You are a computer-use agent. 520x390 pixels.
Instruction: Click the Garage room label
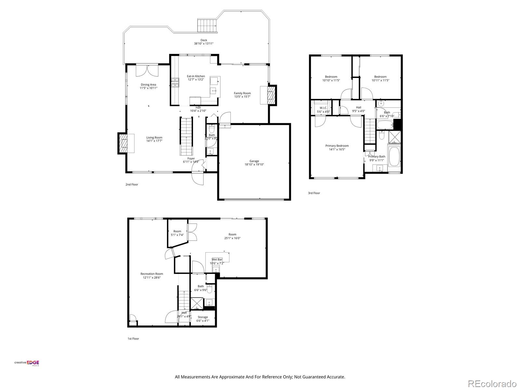click(x=254, y=161)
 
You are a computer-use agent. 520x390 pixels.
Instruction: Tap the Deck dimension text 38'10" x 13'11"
click(x=204, y=44)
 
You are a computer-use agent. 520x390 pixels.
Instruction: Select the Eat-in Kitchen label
click(x=196, y=76)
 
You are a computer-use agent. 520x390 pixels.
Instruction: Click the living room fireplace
click(x=123, y=143)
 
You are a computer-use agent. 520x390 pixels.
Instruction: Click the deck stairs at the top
click(x=207, y=25)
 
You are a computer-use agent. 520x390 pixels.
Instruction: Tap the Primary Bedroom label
click(x=337, y=146)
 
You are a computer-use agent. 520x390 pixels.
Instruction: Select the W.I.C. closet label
click(x=323, y=108)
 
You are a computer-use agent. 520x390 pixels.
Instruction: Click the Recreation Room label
click(x=151, y=274)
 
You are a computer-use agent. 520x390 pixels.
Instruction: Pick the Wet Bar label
click(x=217, y=260)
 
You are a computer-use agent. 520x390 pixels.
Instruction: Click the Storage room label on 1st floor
click(x=203, y=317)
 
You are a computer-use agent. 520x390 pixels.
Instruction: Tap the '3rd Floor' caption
click(x=314, y=193)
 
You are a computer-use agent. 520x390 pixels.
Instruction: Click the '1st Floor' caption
click(x=133, y=339)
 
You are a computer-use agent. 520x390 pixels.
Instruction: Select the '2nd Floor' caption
click(x=132, y=185)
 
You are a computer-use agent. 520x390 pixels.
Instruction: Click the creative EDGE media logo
click(x=27, y=363)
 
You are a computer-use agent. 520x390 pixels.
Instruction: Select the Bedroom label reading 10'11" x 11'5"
click(x=380, y=77)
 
